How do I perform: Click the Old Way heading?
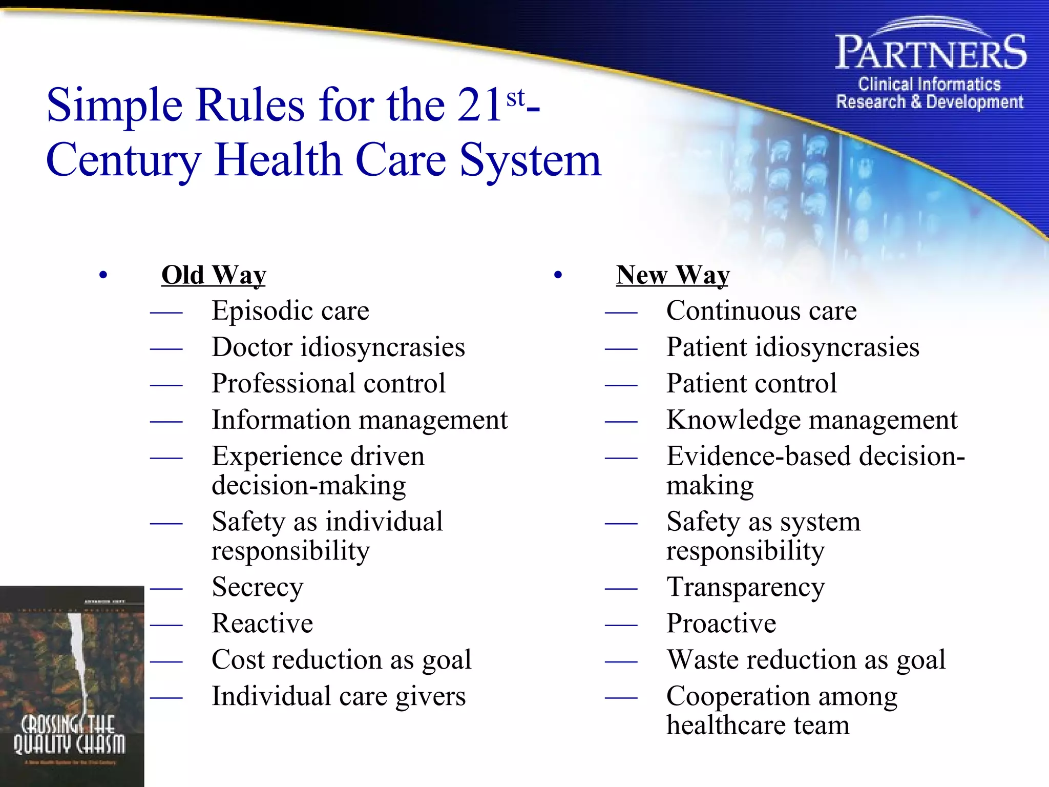coord(214,275)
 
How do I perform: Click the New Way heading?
coord(673,275)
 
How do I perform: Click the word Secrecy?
coord(257,588)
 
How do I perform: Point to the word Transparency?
coord(745,588)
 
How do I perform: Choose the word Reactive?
coord(262,624)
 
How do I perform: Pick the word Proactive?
coord(721,624)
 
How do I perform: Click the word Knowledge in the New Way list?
coord(733,420)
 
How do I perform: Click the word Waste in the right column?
coord(701,660)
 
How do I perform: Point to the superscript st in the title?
coord(515,98)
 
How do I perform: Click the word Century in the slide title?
coord(123,160)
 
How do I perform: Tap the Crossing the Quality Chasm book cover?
coord(72,686)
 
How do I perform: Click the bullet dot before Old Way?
coord(103,276)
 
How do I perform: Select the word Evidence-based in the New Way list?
coord(758,456)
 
